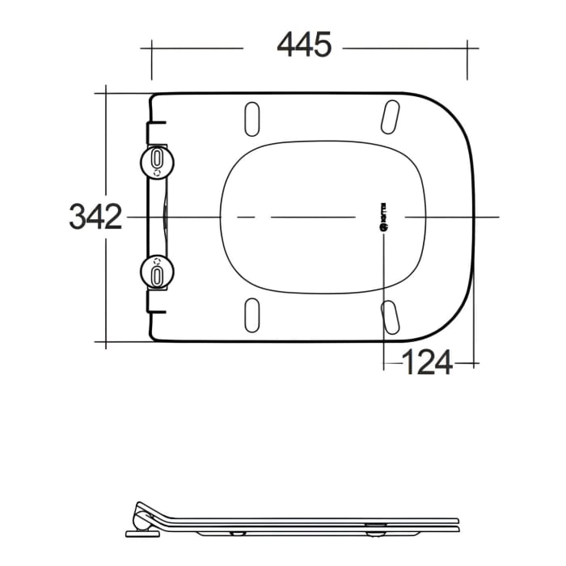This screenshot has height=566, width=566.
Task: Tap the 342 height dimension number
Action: (x=95, y=217)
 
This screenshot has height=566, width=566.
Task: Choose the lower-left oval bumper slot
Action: (x=252, y=315)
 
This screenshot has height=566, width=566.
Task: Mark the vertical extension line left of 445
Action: (x=151, y=61)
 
